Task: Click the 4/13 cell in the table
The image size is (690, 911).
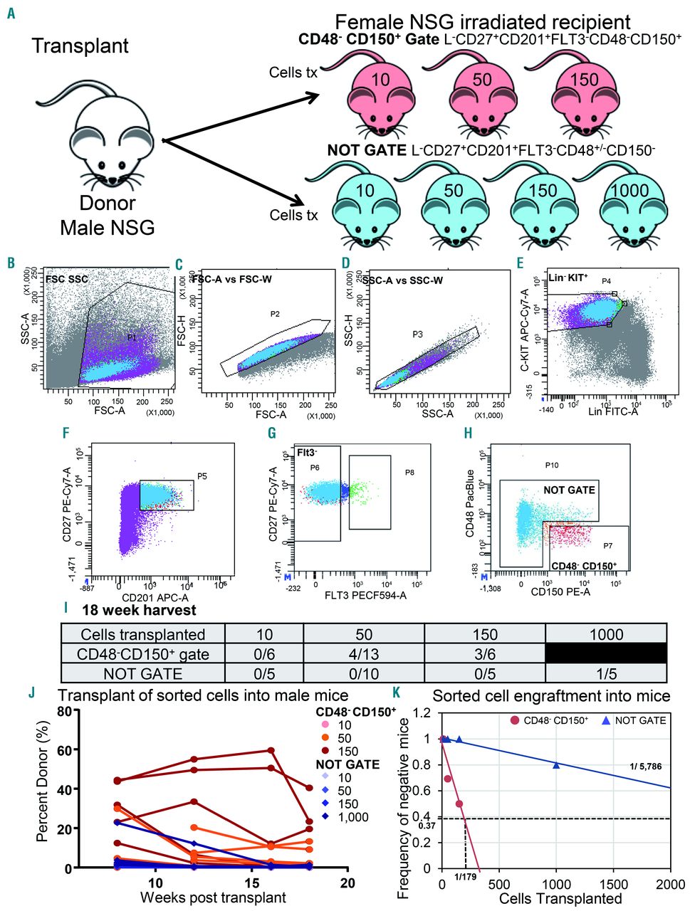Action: [x=363, y=653]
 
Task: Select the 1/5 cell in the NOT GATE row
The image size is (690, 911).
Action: [x=606, y=673]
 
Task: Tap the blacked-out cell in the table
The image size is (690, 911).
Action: [x=606, y=653]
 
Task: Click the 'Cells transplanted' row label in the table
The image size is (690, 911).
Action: [x=143, y=634]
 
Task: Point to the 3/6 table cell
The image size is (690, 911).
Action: [x=484, y=653]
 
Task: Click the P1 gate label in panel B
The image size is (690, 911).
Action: [x=132, y=337]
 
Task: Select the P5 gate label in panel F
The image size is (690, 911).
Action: [x=203, y=478]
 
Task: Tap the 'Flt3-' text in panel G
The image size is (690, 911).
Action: [x=308, y=451]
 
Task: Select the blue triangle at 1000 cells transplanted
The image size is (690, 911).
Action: [x=556, y=765]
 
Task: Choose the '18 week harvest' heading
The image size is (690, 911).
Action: [x=139, y=610]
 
